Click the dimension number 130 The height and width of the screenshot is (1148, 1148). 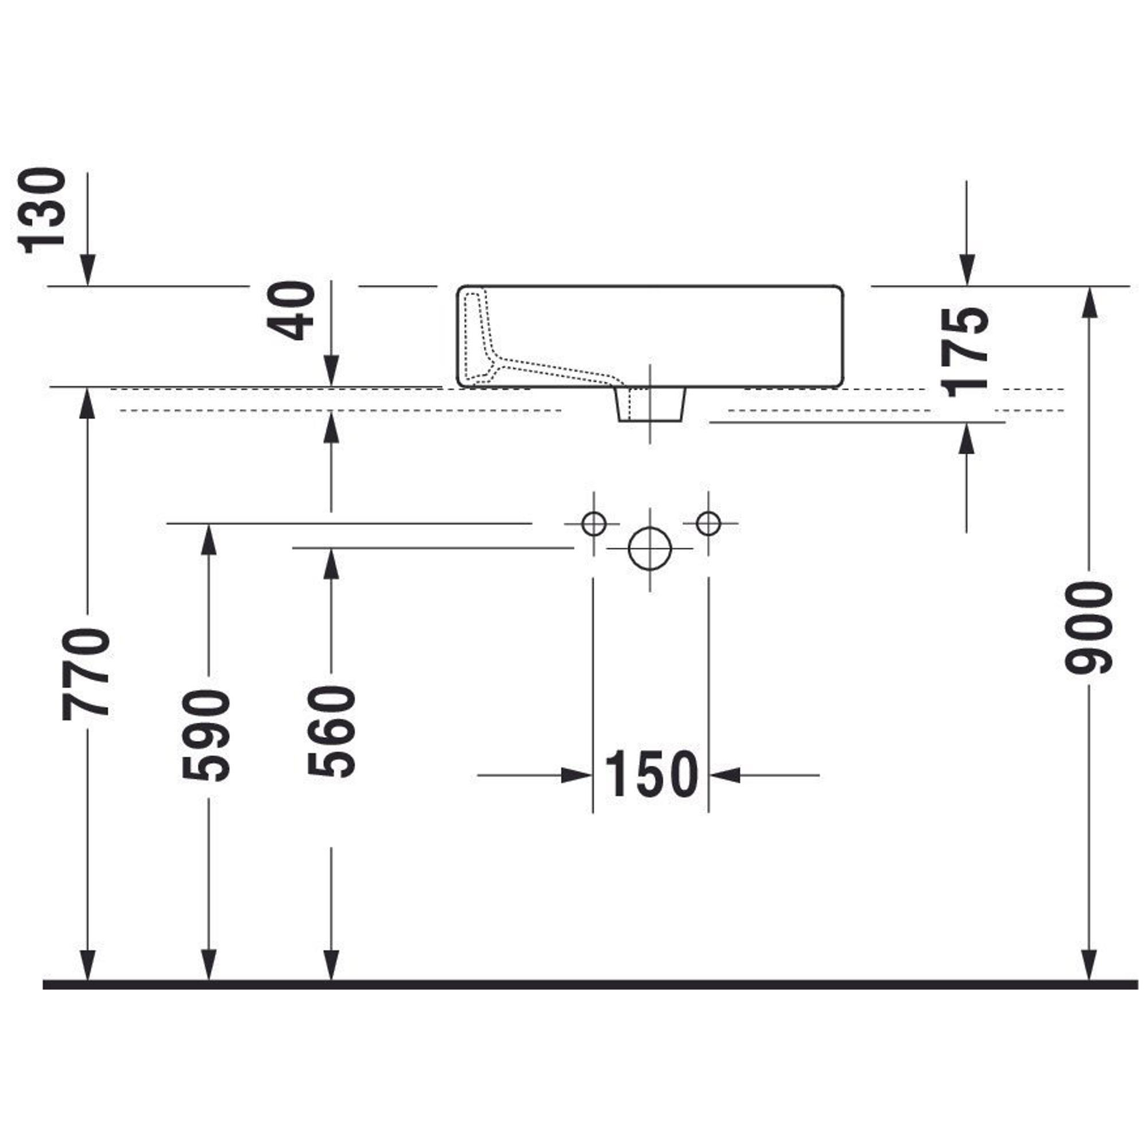click(42, 210)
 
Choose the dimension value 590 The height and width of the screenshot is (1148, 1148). click(205, 736)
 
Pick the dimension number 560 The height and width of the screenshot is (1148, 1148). click(331, 731)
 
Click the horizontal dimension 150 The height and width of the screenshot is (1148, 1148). click(651, 775)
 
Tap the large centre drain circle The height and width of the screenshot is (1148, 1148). click(650, 548)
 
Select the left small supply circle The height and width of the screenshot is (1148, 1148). click(594, 524)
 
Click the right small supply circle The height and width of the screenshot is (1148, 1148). click(708, 524)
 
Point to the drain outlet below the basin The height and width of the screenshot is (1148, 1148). click(650, 404)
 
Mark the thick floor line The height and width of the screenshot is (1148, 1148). click(590, 985)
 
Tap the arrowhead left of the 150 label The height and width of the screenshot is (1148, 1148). click(577, 775)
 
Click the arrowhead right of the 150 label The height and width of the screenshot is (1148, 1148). click(725, 775)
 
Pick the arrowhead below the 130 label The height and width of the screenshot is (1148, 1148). click(88, 270)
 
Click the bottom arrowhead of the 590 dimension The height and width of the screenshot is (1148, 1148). click(208, 964)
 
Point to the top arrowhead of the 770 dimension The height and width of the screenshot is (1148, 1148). click(88, 404)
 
